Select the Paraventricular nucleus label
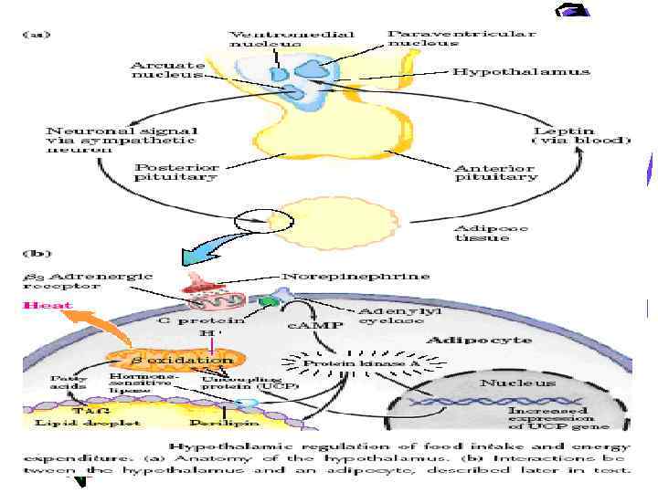(461, 37)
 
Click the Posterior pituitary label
(175, 172)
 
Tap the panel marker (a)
(36, 35)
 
